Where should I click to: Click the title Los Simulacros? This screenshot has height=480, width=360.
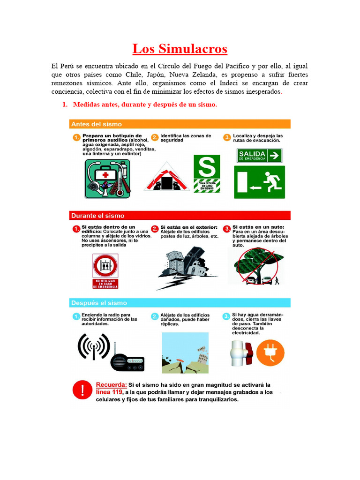[x=180, y=49]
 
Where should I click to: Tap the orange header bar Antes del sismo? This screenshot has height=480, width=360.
[x=180, y=124]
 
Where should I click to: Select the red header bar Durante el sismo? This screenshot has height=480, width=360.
[x=180, y=216]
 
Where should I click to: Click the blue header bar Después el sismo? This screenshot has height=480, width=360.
[x=180, y=303]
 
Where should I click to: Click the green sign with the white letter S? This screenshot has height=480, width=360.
[x=207, y=167]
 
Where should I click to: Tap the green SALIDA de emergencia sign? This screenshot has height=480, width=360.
[x=260, y=155]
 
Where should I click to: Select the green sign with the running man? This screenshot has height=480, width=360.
[x=261, y=182]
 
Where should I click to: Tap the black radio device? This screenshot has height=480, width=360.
[x=127, y=361]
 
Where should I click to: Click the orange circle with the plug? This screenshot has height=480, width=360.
[x=270, y=352]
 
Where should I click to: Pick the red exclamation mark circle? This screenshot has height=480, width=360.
[x=82, y=390]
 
